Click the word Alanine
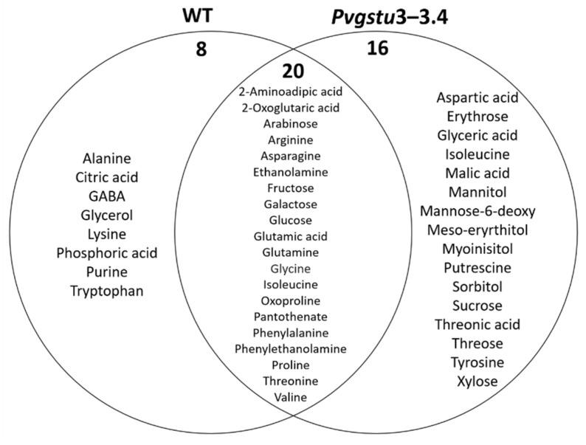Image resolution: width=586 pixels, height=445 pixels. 107,158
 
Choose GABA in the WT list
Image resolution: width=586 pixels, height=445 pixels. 107,196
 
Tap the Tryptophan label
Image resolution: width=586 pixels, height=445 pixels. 107,291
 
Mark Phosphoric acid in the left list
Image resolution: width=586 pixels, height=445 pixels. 107,253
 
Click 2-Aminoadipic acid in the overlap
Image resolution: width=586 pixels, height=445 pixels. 290,92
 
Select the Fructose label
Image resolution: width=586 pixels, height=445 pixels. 290,188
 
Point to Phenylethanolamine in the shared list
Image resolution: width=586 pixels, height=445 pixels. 290,348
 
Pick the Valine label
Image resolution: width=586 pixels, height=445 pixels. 290,396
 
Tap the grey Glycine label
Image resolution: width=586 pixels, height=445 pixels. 290,268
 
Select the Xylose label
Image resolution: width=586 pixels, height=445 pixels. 478,382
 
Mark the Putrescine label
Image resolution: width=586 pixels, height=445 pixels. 478,267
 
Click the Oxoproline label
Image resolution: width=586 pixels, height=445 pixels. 290,300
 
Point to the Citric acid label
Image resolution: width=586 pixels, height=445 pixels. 107,177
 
